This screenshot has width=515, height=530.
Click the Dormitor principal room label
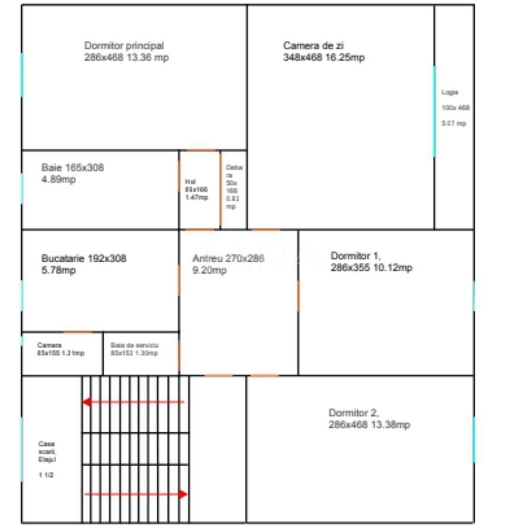tap(126, 52)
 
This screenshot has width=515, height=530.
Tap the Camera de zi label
tap(323, 52)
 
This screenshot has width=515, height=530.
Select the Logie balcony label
tap(455, 108)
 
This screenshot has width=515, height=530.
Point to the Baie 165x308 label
tap(72, 174)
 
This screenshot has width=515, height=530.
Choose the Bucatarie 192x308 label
tap(83, 264)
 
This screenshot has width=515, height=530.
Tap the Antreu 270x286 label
tap(228, 264)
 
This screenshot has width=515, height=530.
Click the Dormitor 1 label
tap(371, 262)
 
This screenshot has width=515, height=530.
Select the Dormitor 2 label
tap(369, 419)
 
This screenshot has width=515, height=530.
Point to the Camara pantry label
tap(60, 349)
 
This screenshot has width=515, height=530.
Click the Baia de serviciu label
tap(134, 349)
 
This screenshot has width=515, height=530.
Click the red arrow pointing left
tap(133, 402)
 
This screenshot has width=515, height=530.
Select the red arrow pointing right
tap(136, 494)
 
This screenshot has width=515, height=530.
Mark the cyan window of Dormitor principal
tap(22, 75)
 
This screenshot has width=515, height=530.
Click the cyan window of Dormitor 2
tap(474, 439)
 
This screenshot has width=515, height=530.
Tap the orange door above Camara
tap(78, 332)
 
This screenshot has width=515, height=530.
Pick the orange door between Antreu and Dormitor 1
tap(298, 295)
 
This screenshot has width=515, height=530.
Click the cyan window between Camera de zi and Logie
tap(434, 111)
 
